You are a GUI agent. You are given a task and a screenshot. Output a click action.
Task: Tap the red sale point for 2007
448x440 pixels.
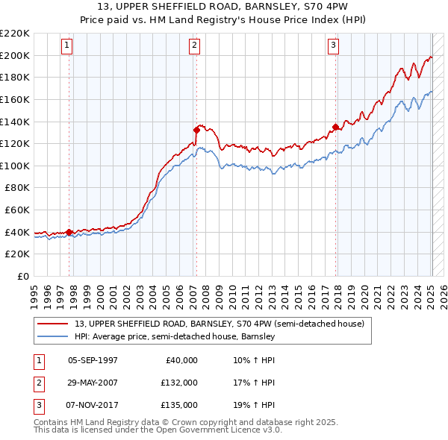click(x=196, y=129)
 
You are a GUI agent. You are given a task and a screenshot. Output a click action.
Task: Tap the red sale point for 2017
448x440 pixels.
click(x=336, y=126)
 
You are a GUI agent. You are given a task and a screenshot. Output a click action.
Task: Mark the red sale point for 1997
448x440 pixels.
click(x=69, y=232)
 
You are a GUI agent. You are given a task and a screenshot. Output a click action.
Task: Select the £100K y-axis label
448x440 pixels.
click(x=15, y=166)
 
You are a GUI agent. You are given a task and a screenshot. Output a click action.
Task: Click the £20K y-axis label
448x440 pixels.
click(x=18, y=254)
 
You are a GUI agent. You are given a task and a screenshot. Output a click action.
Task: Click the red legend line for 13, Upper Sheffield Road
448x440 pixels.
click(x=53, y=324)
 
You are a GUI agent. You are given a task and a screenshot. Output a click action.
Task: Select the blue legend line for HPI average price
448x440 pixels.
click(x=53, y=336)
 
